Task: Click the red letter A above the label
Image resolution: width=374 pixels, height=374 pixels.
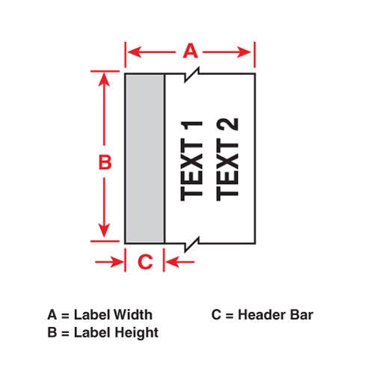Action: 190,51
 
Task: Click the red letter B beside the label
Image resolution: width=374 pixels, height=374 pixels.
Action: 105,162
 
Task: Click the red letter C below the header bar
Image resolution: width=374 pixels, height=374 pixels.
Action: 145,262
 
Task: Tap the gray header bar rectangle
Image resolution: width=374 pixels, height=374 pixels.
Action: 145,159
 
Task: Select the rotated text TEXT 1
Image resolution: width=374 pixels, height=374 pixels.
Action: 191,161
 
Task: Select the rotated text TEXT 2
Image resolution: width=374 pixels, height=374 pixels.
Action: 227,159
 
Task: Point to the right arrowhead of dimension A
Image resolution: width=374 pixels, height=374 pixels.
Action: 244,52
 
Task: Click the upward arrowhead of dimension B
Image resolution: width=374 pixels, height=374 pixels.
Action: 104,79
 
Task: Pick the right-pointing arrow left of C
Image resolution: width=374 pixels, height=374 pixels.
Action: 109,262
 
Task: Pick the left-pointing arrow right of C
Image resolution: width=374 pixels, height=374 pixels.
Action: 180,262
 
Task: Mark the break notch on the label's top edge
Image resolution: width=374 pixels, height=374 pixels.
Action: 192,74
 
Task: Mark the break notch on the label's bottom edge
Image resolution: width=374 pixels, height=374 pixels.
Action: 192,244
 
